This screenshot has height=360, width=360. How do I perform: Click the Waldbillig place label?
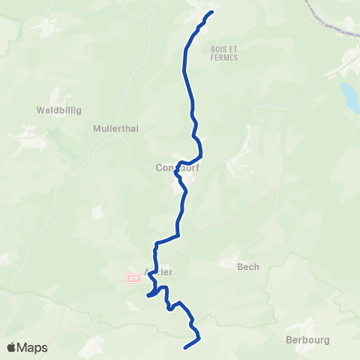(x=58, y=109)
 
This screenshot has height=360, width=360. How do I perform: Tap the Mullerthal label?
(x=116, y=128)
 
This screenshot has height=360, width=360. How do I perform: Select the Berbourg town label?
(x=308, y=339)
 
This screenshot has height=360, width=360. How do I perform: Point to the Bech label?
(x=247, y=265)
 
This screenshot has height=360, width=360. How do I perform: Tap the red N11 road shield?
(x=132, y=277)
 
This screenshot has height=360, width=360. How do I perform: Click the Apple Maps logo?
(x=27, y=347)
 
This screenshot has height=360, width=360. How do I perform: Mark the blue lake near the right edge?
(x=349, y=95)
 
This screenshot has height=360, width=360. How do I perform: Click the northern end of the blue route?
(x=212, y=11)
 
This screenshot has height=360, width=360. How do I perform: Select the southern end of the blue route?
(x=185, y=346)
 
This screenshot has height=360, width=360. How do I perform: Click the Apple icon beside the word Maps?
(x=12, y=347)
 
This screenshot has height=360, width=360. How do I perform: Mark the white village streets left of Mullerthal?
(x=30, y=139)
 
